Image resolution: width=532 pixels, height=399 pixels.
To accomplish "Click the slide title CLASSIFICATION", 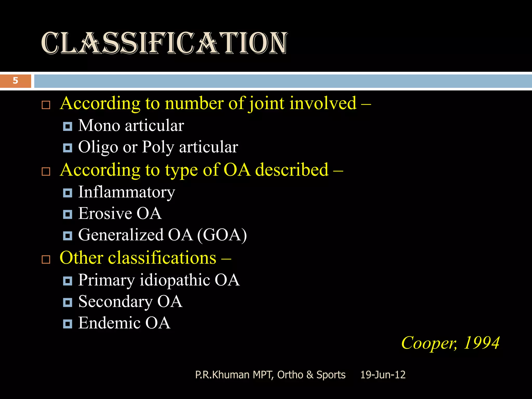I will tap(164, 43).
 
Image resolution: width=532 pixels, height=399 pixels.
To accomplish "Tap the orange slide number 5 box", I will tap(16, 81).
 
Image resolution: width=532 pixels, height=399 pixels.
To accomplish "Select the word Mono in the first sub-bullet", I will tap(99, 126).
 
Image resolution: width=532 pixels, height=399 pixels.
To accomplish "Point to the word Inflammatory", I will tap(127, 192).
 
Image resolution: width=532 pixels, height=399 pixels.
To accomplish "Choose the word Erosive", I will tap(105, 214).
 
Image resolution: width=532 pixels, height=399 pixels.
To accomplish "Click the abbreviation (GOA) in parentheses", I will tap(222, 235).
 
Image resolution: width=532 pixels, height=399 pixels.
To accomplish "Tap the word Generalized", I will tap(121, 235).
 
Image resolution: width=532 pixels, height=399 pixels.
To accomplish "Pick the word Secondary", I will tap(115, 302).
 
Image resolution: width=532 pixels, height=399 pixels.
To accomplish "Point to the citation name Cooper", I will tap(429, 343).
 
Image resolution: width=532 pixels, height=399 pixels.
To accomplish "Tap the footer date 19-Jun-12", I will tap(383, 375).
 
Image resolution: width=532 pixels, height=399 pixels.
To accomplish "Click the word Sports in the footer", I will tap(331, 375).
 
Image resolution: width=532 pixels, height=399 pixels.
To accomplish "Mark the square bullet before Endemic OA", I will tap(68, 324).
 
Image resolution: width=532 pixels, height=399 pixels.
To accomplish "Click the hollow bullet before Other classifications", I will tap(46, 259).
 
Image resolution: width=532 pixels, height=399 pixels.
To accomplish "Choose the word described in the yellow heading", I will tap(292, 170).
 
